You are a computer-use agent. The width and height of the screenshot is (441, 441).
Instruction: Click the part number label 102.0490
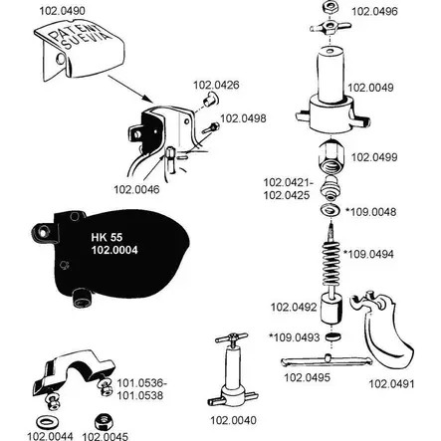coord(62,11)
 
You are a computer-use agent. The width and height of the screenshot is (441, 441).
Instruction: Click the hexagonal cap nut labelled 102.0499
coord(331,156)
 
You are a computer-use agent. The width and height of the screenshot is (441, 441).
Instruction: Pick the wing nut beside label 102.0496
coord(331,26)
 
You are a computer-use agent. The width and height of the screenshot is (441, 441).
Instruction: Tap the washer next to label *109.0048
coord(331,210)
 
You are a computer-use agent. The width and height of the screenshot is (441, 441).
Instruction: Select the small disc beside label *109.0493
coord(332,336)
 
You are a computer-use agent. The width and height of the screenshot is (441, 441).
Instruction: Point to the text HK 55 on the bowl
coord(107,237)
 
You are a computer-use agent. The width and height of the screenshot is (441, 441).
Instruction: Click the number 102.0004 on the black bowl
coord(114,250)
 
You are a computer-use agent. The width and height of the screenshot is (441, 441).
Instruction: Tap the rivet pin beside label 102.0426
coord(210,100)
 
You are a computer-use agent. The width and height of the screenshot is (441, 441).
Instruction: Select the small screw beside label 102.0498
coord(211,127)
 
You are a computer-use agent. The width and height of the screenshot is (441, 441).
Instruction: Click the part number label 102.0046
coord(136,190)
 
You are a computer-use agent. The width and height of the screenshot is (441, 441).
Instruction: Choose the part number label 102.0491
coord(391,384)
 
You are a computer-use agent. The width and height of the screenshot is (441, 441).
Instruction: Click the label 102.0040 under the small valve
coord(233,420)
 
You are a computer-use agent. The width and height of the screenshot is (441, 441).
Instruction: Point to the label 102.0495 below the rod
coord(308,377)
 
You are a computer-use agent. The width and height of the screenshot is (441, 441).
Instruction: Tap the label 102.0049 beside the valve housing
coord(370,88)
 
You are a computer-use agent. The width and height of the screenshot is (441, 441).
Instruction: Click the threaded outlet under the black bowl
coord(82,298)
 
